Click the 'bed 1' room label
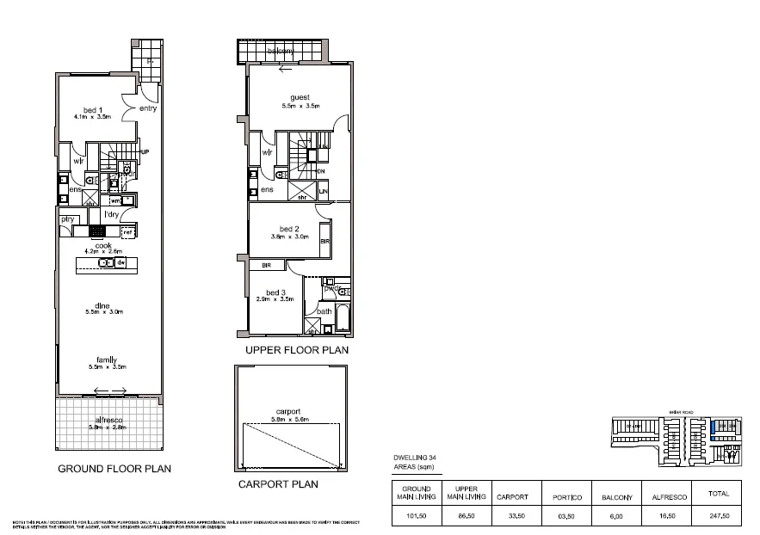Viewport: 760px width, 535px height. (86, 108)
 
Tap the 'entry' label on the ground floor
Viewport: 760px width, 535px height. (147, 108)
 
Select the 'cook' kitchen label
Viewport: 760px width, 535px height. (103, 244)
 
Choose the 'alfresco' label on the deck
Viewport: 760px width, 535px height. (108, 420)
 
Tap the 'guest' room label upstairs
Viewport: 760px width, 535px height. (300, 97)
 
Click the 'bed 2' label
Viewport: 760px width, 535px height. (283, 229)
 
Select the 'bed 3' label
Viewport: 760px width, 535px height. (275, 292)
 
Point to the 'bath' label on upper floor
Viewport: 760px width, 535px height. (324, 311)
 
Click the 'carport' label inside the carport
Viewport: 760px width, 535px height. (288, 411)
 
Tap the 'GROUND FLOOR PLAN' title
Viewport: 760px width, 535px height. (114, 469)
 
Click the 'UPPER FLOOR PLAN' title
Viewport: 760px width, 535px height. (297, 351)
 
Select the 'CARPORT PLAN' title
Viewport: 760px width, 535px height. (278, 484)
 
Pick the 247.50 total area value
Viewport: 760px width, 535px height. (718, 515)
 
